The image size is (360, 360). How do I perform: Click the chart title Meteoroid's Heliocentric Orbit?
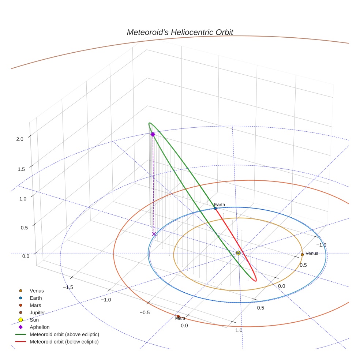(180, 32)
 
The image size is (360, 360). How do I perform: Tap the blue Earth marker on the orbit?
(215, 208)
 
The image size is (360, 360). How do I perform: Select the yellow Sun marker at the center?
(238, 253)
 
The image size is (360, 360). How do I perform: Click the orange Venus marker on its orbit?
(302, 254)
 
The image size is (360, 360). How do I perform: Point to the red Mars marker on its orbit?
(178, 316)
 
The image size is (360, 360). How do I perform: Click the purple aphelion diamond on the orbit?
(153, 134)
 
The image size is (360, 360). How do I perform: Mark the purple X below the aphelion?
(154, 234)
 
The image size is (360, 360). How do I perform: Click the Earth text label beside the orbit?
(220, 205)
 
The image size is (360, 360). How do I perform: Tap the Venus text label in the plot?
(312, 253)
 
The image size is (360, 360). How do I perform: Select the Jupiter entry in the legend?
(37, 312)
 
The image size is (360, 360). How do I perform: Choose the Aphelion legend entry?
(40, 327)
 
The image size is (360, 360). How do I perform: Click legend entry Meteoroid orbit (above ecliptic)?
(64, 334)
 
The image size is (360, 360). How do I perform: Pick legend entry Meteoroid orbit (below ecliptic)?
(64, 342)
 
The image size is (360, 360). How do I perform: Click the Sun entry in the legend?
(34, 320)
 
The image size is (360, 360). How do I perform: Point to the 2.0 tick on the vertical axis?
(20, 139)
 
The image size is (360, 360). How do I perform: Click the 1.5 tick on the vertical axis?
(21, 169)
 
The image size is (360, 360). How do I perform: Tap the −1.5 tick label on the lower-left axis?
(68, 287)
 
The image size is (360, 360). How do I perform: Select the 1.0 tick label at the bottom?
(239, 330)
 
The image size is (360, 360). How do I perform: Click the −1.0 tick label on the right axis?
(321, 245)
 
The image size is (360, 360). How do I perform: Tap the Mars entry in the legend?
(35, 305)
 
